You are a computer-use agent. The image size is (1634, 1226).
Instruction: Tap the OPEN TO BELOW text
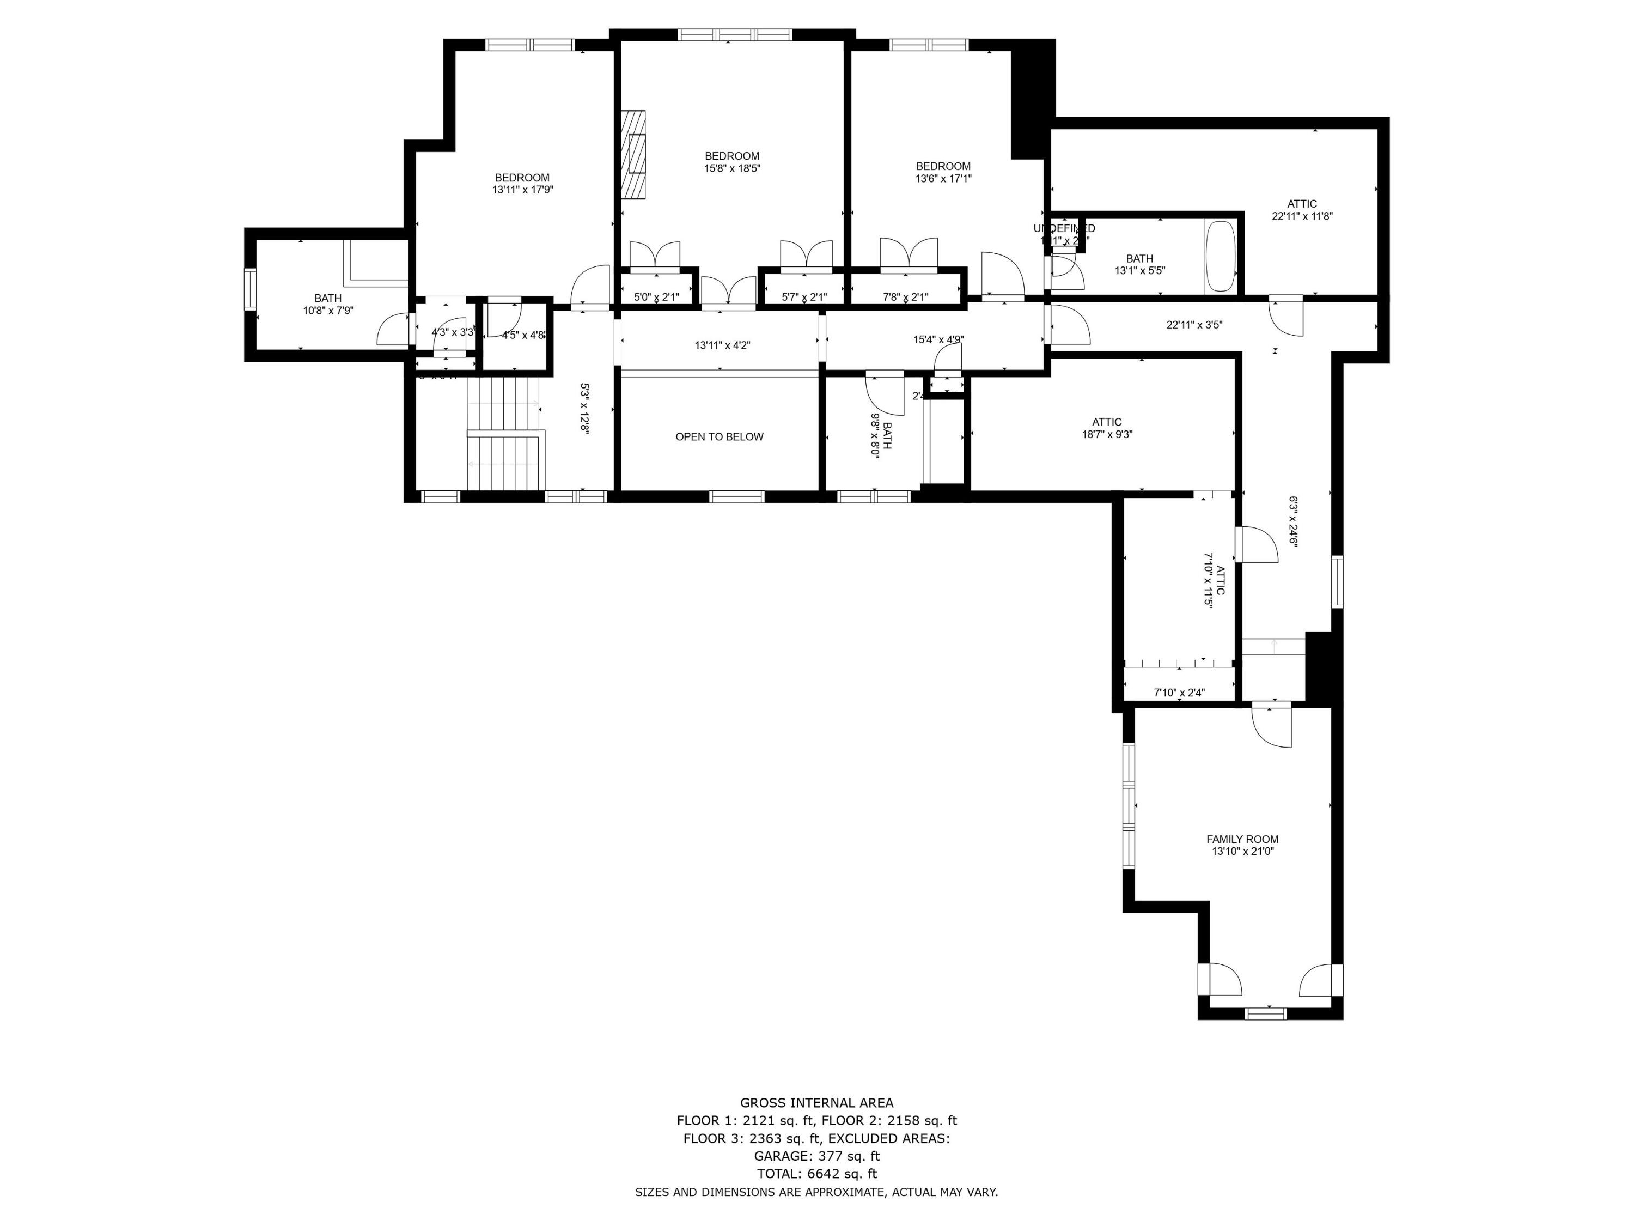pyautogui.click(x=719, y=437)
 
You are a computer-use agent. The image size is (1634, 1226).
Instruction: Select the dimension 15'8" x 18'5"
pyautogui.click(x=731, y=168)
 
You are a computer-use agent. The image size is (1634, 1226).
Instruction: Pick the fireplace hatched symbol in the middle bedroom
pyautogui.click(x=632, y=154)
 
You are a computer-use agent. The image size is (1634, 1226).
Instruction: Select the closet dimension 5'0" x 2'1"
pyautogui.click(x=656, y=297)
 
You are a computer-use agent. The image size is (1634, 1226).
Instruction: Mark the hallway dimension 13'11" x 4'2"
pyautogui.click(x=722, y=345)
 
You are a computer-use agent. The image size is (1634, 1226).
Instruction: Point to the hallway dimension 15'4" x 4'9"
pyautogui.click(x=938, y=340)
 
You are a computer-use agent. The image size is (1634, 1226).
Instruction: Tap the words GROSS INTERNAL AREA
pyautogui.click(x=816, y=1103)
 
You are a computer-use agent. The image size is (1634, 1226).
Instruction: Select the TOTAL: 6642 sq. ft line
pyautogui.click(x=816, y=1174)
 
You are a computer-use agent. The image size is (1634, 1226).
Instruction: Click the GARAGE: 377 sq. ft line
pyautogui.click(x=816, y=1156)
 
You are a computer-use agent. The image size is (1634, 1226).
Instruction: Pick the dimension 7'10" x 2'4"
pyautogui.click(x=1179, y=693)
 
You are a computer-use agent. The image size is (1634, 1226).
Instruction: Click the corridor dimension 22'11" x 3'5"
pyautogui.click(x=1194, y=324)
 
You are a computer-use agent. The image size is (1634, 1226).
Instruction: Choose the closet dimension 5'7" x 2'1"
pyautogui.click(x=804, y=297)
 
